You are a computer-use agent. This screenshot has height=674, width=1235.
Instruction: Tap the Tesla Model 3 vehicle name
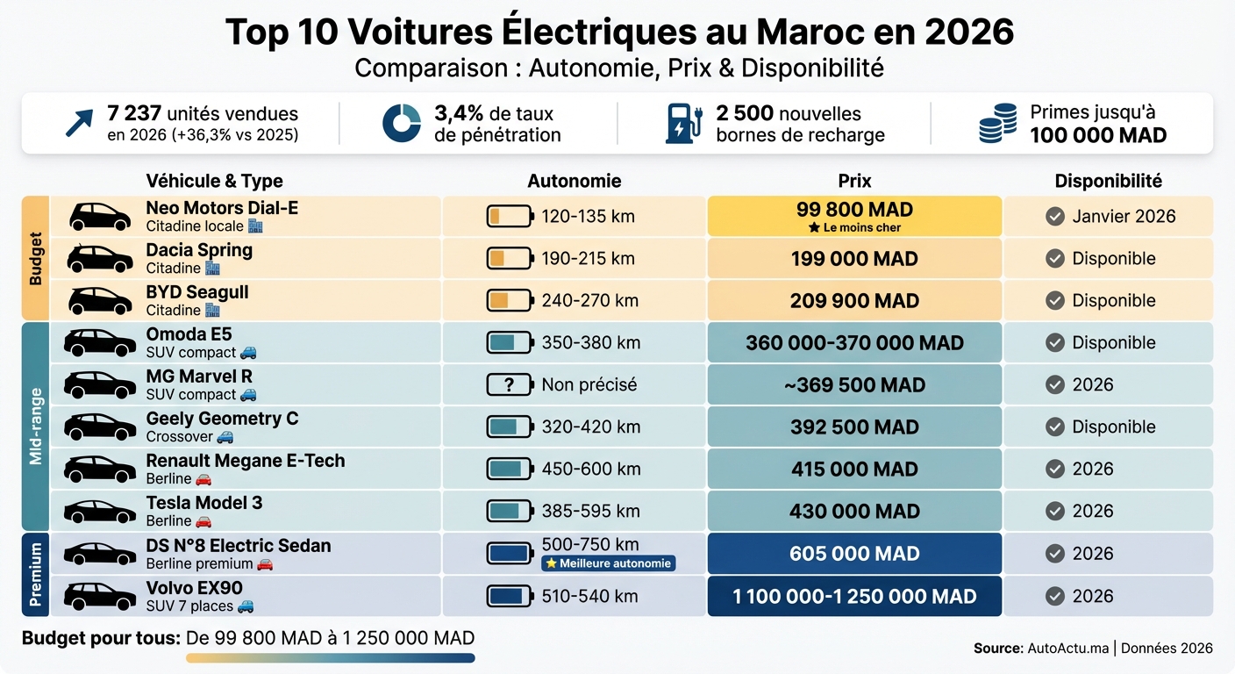click(x=203, y=503)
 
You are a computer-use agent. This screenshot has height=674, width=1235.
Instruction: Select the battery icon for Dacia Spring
click(x=510, y=259)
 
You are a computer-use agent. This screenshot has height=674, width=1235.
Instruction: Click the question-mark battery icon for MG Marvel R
click(x=510, y=384)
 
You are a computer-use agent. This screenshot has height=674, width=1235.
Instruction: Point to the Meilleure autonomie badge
click(x=608, y=563)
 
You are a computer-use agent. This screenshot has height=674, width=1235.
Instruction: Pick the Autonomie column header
click(x=574, y=181)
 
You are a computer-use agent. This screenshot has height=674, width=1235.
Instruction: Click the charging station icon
click(x=684, y=124)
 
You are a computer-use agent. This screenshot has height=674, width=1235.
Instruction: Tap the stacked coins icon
click(x=998, y=124)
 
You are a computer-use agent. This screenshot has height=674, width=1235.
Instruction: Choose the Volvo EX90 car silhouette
click(x=100, y=596)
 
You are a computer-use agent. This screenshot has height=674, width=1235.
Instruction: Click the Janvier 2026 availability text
click(x=1124, y=217)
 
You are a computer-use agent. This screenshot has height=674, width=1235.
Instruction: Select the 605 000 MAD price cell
click(x=853, y=554)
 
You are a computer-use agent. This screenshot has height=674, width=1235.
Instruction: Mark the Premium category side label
click(x=36, y=575)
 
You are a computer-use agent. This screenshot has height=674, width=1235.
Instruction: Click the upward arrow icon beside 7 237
click(x=79, y=124)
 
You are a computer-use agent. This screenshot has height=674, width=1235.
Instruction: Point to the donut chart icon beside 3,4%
click(x=402, y=124)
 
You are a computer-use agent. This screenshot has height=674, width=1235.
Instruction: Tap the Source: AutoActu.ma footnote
click(x=1093, y=649)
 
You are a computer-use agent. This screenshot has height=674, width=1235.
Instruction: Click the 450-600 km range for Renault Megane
click(x=590, y=469)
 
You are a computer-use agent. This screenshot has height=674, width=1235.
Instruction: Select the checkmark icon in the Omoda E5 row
click(x=1055, y=343)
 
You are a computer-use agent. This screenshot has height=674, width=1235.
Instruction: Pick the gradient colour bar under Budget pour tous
click(x=330, y=657)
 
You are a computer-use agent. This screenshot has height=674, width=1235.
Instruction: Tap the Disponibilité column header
click(x=1108, y=181)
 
